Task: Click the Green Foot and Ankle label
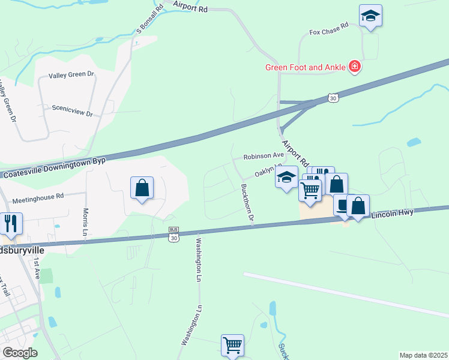[305, 67]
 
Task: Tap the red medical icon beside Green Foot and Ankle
[355, 66]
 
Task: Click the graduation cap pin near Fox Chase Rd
[370, 16]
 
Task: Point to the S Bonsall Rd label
[142, 19]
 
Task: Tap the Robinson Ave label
[264, 156]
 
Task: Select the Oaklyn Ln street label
[268, 171]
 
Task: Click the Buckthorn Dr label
[247, 205]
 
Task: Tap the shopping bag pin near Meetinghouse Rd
[142, 188]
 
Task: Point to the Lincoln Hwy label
[393, 214]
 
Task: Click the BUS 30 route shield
[174, 235]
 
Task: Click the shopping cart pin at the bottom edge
[232, 345]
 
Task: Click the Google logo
[20, 353]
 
